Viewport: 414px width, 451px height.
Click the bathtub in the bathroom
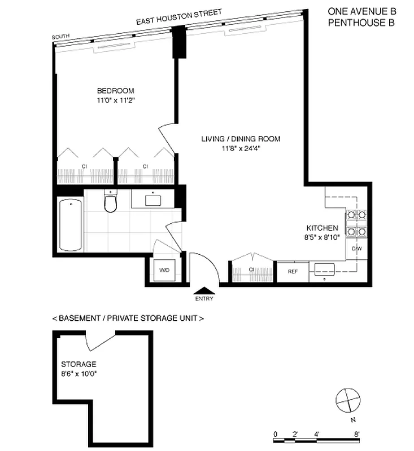pos(71,224)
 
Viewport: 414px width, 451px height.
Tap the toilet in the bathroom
pos(110,202)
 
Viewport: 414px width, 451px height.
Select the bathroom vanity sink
pos(153,200)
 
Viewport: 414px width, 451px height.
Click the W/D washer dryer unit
pos(164,271)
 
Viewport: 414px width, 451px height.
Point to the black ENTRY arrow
pos(204,291)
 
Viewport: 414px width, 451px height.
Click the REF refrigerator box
pos(293,272)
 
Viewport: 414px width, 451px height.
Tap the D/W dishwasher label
pos(356,249)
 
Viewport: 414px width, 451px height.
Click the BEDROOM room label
pos(115,91)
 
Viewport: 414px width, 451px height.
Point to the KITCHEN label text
pos(322,228)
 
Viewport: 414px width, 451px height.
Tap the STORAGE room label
pos(79,364)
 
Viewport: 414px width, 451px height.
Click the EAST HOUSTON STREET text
pos(178,17)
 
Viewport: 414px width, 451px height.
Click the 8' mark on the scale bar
pos(357,434)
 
